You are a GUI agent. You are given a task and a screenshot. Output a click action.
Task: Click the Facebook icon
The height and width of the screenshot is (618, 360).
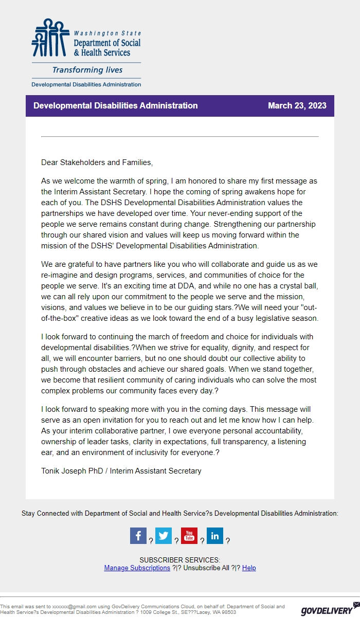(x=138, y=536)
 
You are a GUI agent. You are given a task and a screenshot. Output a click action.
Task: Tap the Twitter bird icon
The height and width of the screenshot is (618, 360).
(x=164, y=536)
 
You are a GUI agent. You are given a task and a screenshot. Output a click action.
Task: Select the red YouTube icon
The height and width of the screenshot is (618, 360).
(x=189, y=536)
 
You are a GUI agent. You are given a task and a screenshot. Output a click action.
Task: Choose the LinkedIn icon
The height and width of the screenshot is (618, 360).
(x=215, y=536)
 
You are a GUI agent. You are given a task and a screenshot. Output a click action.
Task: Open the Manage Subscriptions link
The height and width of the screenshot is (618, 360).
(x=137, y=568)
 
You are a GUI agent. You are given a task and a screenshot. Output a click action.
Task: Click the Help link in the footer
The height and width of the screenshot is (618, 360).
(x=249, y=568)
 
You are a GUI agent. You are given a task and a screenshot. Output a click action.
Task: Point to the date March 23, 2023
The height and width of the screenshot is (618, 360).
(x=297, y=106)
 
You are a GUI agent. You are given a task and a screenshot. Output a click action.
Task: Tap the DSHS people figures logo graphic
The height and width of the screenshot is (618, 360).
(x=50, y=38)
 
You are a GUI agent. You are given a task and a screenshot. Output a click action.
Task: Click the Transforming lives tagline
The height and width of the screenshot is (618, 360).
(x=87, y=70)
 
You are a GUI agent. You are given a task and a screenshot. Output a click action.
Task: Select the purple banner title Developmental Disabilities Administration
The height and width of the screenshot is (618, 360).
(x=115, y=106)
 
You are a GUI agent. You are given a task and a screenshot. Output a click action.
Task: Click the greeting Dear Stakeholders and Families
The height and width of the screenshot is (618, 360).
(x=97, y=162)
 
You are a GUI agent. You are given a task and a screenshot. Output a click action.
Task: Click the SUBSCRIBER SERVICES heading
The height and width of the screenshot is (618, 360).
(x=179, y=560)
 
